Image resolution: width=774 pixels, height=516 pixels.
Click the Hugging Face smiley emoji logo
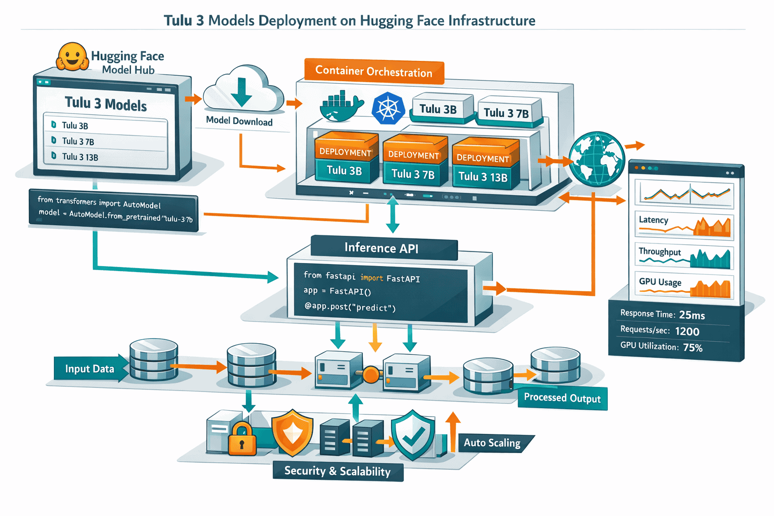pos(73,56)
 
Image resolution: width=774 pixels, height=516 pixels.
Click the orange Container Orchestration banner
pos(373,72)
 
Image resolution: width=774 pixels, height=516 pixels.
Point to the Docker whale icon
pos(341,107)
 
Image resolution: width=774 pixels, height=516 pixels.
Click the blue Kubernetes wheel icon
pos(388,108)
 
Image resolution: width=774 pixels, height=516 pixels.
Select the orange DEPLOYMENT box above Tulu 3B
pos(345,151)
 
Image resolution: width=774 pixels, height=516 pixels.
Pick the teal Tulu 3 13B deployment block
pos(483,177)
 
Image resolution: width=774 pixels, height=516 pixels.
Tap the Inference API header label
pos(381,248)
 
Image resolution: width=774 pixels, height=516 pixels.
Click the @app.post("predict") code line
pos(350,307)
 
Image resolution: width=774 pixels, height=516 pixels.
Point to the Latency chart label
pos(654,220)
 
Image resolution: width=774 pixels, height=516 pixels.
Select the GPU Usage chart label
pos(660,282)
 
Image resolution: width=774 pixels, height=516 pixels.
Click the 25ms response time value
pos(692,315)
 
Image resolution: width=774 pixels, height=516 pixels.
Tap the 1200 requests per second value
pos(687,331)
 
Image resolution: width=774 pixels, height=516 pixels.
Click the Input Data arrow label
pos(90,369)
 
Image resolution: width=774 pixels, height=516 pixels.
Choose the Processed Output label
pos(562,398)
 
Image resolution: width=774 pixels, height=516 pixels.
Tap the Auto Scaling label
pos(492,443)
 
